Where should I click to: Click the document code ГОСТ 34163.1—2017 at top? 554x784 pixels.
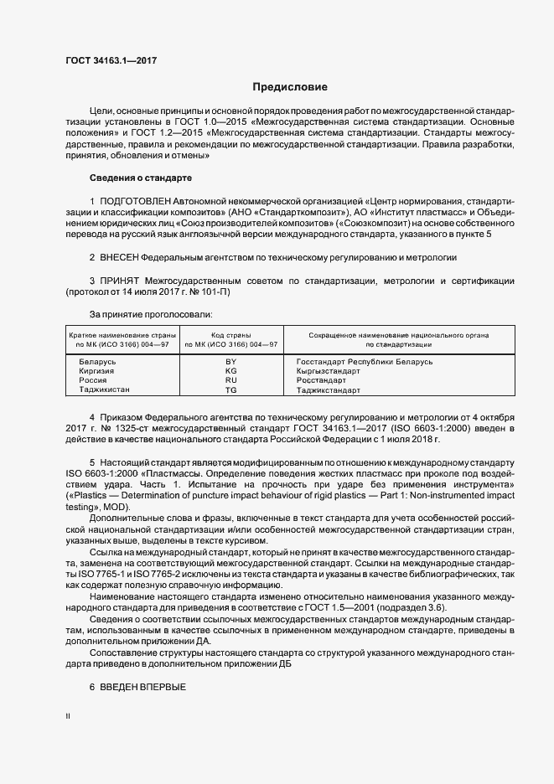[x=111, y=60]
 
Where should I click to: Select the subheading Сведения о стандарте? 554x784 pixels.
[x=141, y=178]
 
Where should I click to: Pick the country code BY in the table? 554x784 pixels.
[x=231, y=361]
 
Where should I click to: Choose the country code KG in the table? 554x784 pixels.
[x=231, y=370]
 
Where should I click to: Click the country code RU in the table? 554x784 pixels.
[x=231, y=380]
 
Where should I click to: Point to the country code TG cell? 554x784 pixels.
[x=231, y=390]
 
